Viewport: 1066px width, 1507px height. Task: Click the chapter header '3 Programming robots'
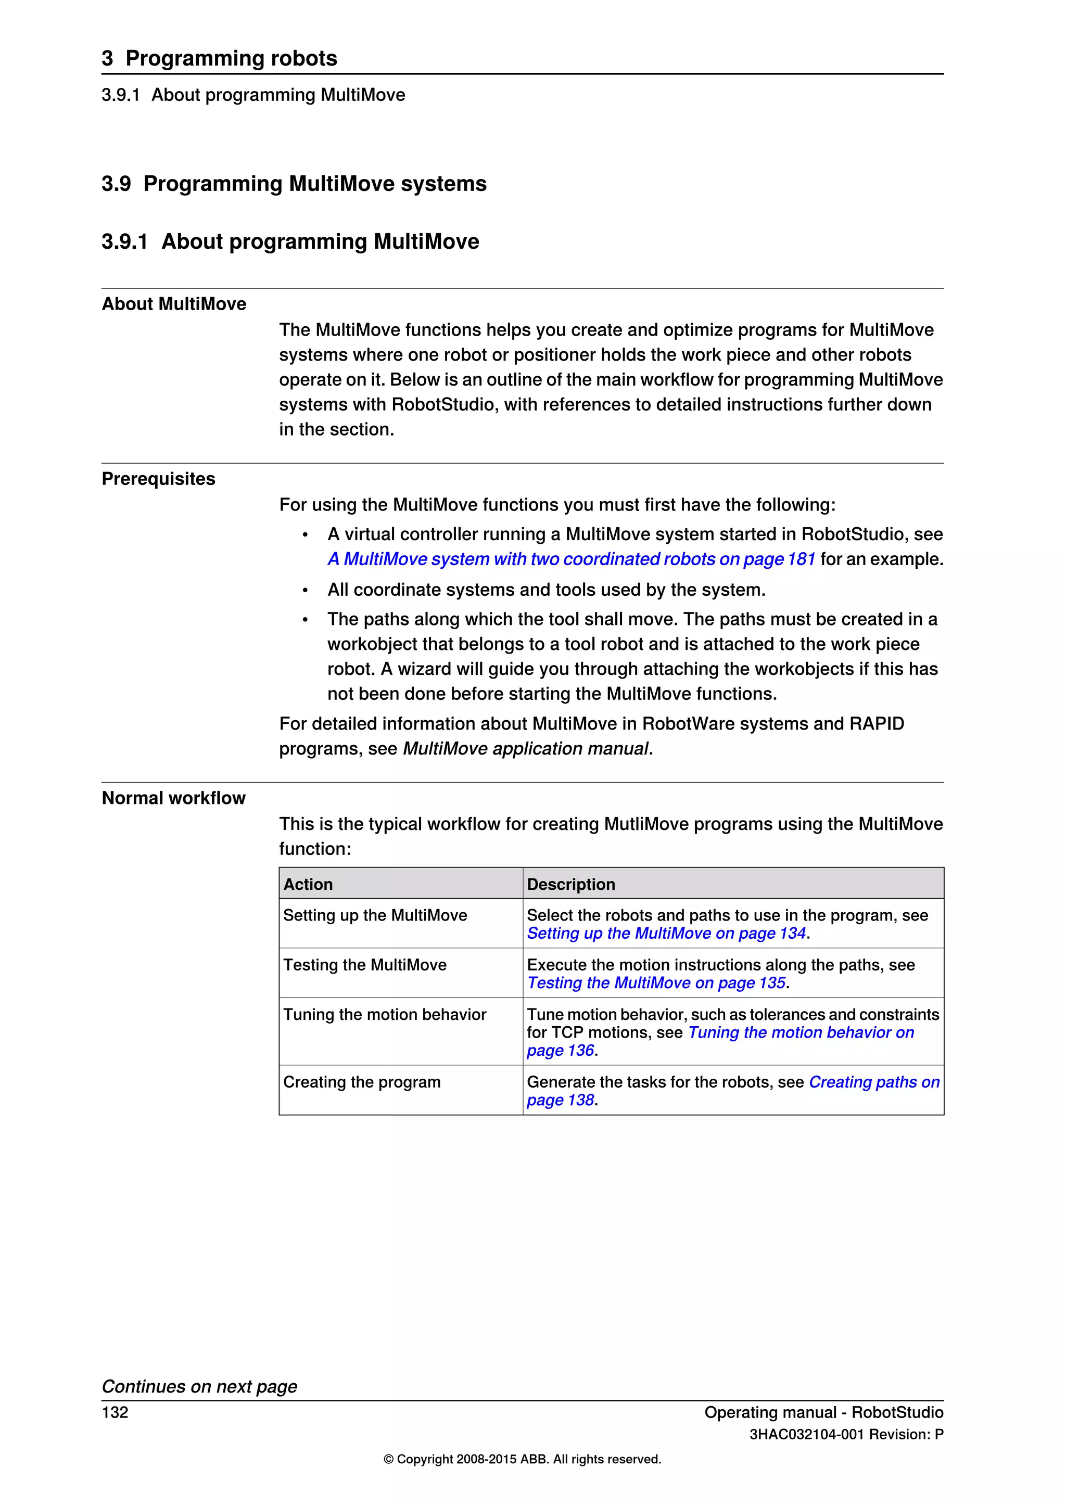pos(219,58)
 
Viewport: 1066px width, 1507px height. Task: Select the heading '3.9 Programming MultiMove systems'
pos(294,184)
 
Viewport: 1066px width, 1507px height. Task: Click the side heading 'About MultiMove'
pos(174,304)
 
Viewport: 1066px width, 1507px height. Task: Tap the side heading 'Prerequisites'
pos(158,479)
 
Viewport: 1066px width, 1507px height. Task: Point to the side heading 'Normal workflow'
pos(173,798)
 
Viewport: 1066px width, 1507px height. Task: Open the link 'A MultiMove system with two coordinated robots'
pos(571,559)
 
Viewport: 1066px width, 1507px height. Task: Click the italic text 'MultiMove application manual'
pos(525,748)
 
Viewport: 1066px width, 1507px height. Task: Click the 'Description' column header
pos(570,884)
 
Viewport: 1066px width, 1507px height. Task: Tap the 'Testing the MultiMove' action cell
pos(365,965)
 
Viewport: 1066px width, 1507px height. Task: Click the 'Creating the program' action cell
pos(362,1082)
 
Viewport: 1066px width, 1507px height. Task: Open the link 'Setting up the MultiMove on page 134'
pos(666,934)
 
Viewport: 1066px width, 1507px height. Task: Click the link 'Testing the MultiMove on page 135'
pos(656,982)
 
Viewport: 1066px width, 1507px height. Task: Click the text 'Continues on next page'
pos(199,1386)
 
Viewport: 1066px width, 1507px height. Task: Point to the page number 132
pos(115,1412)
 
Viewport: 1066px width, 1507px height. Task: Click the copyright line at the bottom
pos(522,1459)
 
